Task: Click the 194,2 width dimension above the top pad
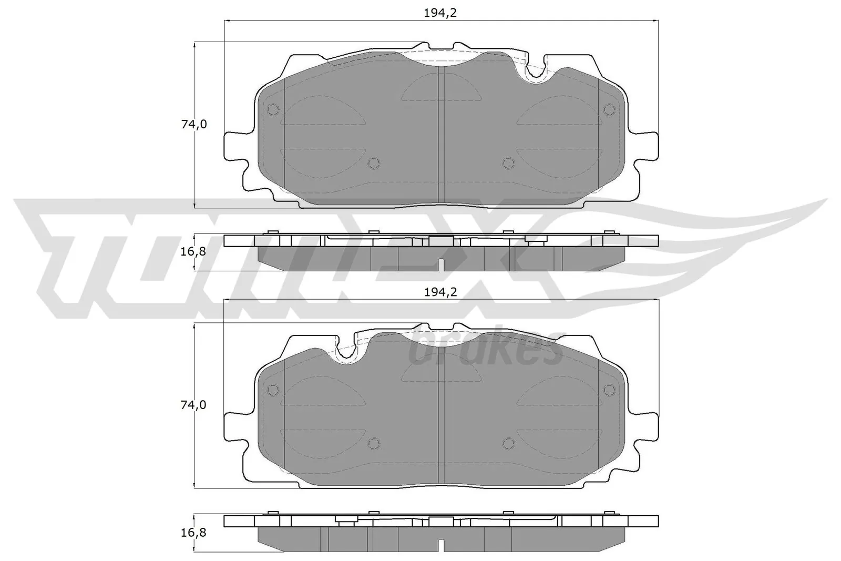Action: pos(440,13)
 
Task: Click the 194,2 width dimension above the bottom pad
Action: pos(440,292)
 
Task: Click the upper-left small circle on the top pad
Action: pos(273,109)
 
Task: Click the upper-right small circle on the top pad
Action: pos(609,109)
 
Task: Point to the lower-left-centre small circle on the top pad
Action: pos(373,163)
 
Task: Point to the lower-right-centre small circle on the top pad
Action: pos(508,163)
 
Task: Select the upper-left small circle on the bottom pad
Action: pos(273,390)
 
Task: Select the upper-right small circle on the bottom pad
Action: pos(609,390)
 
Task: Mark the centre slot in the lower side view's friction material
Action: pos(441,546)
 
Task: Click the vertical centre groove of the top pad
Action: pos(441,137)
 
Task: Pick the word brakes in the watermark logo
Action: pos(486,351)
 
